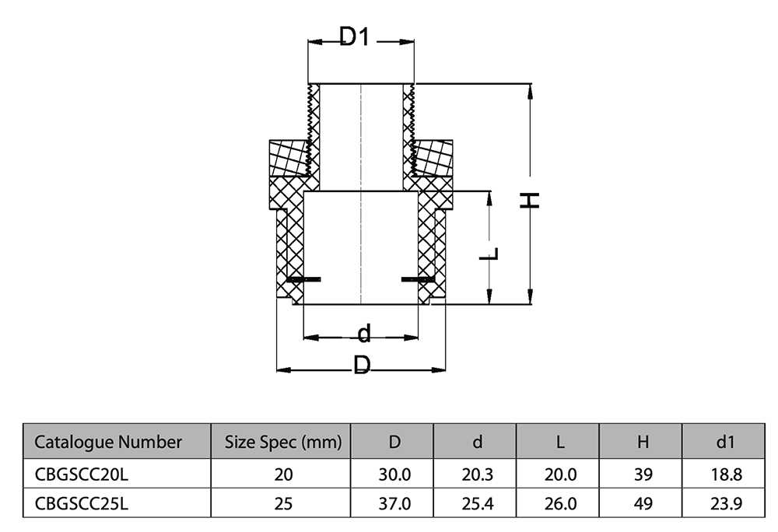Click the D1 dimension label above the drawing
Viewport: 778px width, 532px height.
(x=354, y=37)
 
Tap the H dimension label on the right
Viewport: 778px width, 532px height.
(x=530, y=200)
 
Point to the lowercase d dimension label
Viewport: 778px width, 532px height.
(x=363, y=334)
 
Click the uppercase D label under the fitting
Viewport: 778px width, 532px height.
(x=362, y=365)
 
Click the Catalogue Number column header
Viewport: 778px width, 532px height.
(x=109, y=443)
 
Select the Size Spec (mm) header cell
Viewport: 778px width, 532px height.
(x=283, y=443)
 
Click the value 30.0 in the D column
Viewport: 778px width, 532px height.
(x=394, y=474)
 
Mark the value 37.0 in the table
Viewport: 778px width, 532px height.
(x=394, y=503)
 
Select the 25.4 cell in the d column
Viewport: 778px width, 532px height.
(x=477, y=503)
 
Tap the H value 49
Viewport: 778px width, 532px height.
(x=643, y=503)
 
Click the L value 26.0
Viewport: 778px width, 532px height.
(x=559, y=503)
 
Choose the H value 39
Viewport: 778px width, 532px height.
(x=643, y=474)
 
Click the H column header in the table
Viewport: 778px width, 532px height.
(x=643, y=443)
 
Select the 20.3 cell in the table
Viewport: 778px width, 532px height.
(x=477, y=474)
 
